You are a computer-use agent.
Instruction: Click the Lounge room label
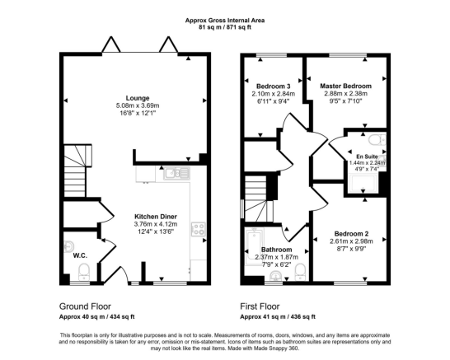coord(138,98)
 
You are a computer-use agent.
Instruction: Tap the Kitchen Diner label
coord(156,217)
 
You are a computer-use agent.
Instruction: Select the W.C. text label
coord(80,255)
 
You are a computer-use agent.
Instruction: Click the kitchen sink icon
coord(176,173)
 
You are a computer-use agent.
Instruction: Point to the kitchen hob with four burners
coord(199,229)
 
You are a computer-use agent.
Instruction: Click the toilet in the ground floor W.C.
coord(84,272)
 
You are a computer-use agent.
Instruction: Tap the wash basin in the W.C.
coord(69,246)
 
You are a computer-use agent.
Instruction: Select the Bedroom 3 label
coord(274,86)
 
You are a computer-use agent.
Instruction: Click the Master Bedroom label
coord(345,86)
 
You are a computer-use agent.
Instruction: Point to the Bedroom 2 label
coord(351,234)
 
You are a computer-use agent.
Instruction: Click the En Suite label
coord(367,157)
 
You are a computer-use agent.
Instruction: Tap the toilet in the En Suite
coord(377,140)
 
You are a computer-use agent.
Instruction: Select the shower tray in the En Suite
coord(363,184)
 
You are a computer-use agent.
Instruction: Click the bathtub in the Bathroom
coord(255,246)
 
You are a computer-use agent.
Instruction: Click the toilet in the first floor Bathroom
coord(301,272)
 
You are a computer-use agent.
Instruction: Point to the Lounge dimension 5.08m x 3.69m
coord(138,105)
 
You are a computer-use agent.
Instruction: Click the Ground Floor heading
coord(85,306)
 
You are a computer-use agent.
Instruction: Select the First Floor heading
coord(260,306)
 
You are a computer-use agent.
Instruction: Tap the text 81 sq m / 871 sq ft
coord(225,27)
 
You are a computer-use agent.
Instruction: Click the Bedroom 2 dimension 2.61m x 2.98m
coord(351,241)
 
